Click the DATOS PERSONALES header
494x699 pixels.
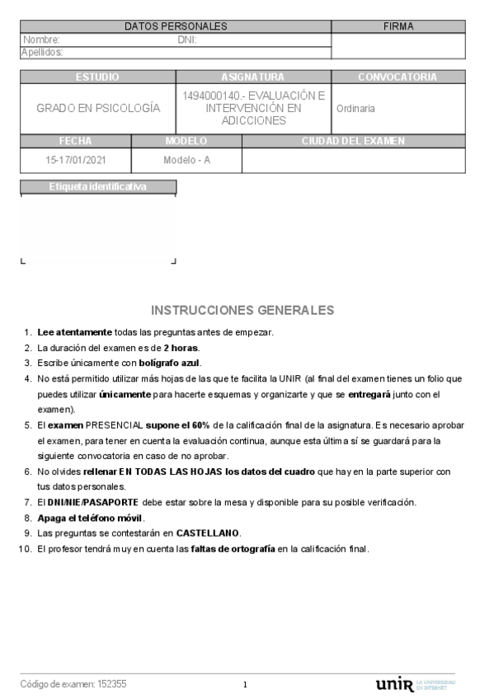[176, 26]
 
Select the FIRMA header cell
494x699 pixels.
[398, 26]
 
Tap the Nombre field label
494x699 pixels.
[41, 40]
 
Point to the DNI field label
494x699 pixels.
[186, 40]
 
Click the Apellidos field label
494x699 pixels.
[42, 52]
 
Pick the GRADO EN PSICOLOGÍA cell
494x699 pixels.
[98, 108]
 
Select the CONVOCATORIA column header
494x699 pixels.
[397, 77]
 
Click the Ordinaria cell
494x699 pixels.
[355, 108]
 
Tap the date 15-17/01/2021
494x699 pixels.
[76, 160]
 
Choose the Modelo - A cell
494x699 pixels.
[187, 160]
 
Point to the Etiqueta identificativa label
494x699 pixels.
[97, 187]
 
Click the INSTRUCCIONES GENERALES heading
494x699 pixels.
[242, 311]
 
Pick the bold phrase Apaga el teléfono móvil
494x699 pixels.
[91, 518]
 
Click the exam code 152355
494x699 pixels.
[112, 684]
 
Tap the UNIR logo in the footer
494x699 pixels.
[394, 685]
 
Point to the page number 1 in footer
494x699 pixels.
[245, 685]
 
